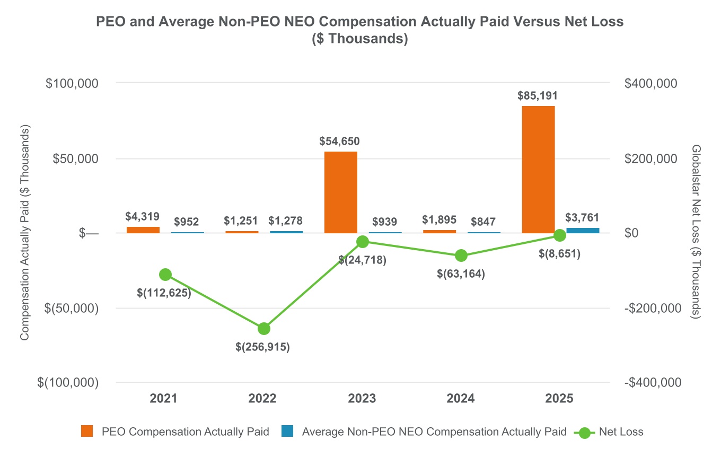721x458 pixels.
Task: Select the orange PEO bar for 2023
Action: tap(341, 192)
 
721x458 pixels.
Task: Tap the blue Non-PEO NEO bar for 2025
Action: tap(583, 231)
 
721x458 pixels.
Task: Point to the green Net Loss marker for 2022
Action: tap(264, 329)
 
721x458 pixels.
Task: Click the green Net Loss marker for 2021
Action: tap(165, 275)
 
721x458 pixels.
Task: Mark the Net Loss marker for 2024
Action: tap(461, 256)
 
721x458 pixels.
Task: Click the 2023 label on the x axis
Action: tap(363, 399)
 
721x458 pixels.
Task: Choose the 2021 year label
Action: tap(165, 399)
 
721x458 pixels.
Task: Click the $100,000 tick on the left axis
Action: tap(73, 83)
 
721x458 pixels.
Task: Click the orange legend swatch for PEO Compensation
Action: tap(87, 432)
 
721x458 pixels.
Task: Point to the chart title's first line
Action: tap(360, 22)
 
